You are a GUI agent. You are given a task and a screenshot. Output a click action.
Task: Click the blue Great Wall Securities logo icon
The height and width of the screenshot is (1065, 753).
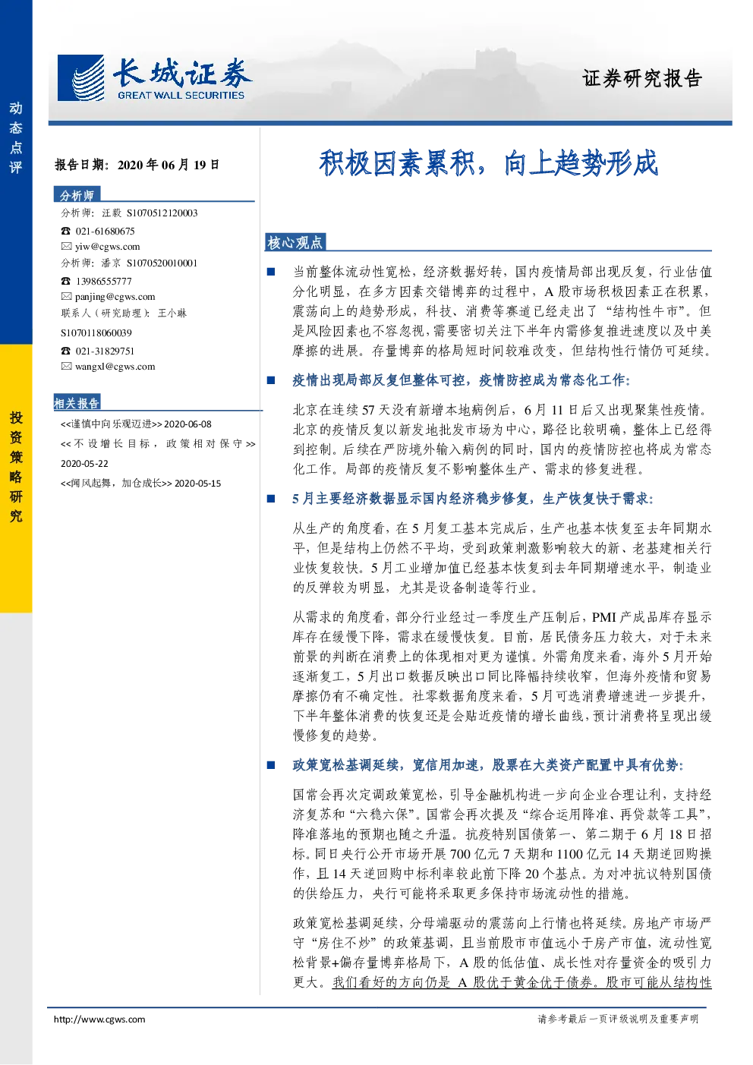(x=80, y=78)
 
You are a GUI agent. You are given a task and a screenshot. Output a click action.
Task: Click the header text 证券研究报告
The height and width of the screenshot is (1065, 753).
(x=642, y=78)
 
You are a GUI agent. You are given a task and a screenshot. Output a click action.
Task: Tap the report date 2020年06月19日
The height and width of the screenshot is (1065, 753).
(x=169, y=165)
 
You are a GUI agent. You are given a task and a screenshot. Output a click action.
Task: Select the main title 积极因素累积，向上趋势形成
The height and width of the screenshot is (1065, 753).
(x=488, y=163)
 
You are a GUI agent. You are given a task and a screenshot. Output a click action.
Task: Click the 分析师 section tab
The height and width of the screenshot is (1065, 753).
(x=77, y=195)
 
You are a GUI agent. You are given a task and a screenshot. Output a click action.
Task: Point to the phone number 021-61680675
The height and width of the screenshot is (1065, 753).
(x=105, y=232)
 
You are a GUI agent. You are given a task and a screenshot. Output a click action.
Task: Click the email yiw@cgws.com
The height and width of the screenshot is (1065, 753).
(x=108, y=247)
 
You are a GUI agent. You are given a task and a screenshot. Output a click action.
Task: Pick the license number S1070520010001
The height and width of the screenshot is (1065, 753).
(x=162, y=263)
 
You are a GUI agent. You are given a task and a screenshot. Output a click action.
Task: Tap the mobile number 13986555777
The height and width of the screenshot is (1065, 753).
(x=104, y=282)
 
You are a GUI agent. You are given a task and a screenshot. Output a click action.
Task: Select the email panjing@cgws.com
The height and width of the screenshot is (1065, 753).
(x=115, y=297)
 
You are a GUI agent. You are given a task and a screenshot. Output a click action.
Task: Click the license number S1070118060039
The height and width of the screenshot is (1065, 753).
(x=96, y=333)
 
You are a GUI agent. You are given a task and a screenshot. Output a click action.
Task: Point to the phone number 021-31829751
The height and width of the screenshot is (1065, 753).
(x=105, y=351)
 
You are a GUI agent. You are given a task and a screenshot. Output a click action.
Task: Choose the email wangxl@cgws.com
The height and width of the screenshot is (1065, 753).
(x=115, y=367)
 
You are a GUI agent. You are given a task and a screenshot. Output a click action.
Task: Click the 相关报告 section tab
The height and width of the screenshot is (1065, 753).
(x=77, y=403)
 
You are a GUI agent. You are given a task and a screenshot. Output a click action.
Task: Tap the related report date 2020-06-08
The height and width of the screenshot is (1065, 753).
(x=187, y=424)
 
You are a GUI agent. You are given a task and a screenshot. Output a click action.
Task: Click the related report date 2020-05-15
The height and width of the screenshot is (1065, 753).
(x=198, y=484)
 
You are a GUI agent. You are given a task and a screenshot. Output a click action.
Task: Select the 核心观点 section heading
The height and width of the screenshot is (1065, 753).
(x=295, y=243)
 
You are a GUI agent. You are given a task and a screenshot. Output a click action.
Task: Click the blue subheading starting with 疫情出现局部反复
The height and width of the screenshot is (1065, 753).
(x=461, y=380)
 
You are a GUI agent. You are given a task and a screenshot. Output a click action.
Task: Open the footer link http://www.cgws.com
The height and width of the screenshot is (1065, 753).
(x=99, y=1019)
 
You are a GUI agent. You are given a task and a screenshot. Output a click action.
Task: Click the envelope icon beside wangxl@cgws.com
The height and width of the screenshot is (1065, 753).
(x=66, y=367)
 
